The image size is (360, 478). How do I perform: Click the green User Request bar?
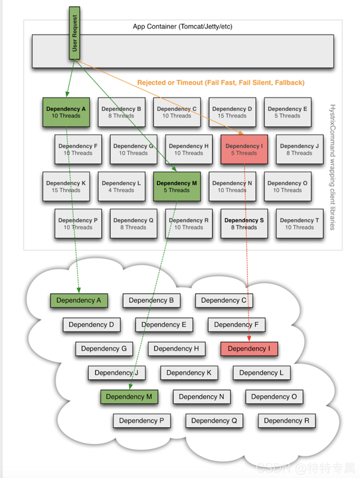(74, 33)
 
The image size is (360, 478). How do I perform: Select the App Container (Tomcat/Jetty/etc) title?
(182, 26)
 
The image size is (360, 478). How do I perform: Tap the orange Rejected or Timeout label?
(221, 83)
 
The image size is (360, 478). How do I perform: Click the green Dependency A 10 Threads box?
(66, 112)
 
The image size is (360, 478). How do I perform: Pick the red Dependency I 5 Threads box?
(244, 149)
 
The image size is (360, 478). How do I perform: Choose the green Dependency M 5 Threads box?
(177, 187)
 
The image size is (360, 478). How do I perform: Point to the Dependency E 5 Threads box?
(287, 112)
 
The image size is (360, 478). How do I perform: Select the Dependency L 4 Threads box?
(121, 187)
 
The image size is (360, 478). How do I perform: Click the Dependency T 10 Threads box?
(299, 224)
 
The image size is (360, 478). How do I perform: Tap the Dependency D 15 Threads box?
(232, 112)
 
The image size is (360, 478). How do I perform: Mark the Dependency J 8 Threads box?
(299, 149)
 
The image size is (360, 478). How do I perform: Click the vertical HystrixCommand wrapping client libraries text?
(332, 167)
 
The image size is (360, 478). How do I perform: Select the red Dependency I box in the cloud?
(249, 349)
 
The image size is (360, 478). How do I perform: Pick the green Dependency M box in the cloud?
(129, 397)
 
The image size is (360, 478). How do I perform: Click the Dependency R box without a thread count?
(286, 420)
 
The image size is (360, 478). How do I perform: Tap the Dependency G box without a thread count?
(104, 349)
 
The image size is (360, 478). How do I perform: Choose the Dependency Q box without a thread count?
(214, 420)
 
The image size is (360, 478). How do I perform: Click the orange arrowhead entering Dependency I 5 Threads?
(241, 133)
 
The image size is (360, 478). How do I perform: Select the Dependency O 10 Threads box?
(287, 187)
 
